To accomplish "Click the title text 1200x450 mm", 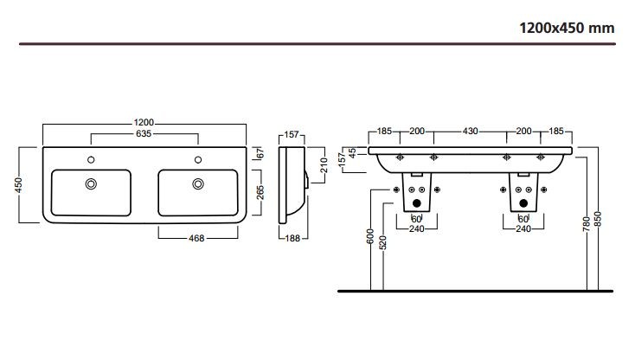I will (x=566, y=28).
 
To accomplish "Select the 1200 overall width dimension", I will (x=144, y=123).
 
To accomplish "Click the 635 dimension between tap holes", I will (x=144, y=134).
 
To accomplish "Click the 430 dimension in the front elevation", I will (x=470, y=132).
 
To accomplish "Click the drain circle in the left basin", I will (x=91, y=183).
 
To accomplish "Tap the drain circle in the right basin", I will (x=198, y=183).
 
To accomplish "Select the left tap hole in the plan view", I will (x=90, y=159).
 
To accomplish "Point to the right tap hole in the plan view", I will (x=198, y=159).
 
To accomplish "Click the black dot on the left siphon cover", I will (x=416, y=204).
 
